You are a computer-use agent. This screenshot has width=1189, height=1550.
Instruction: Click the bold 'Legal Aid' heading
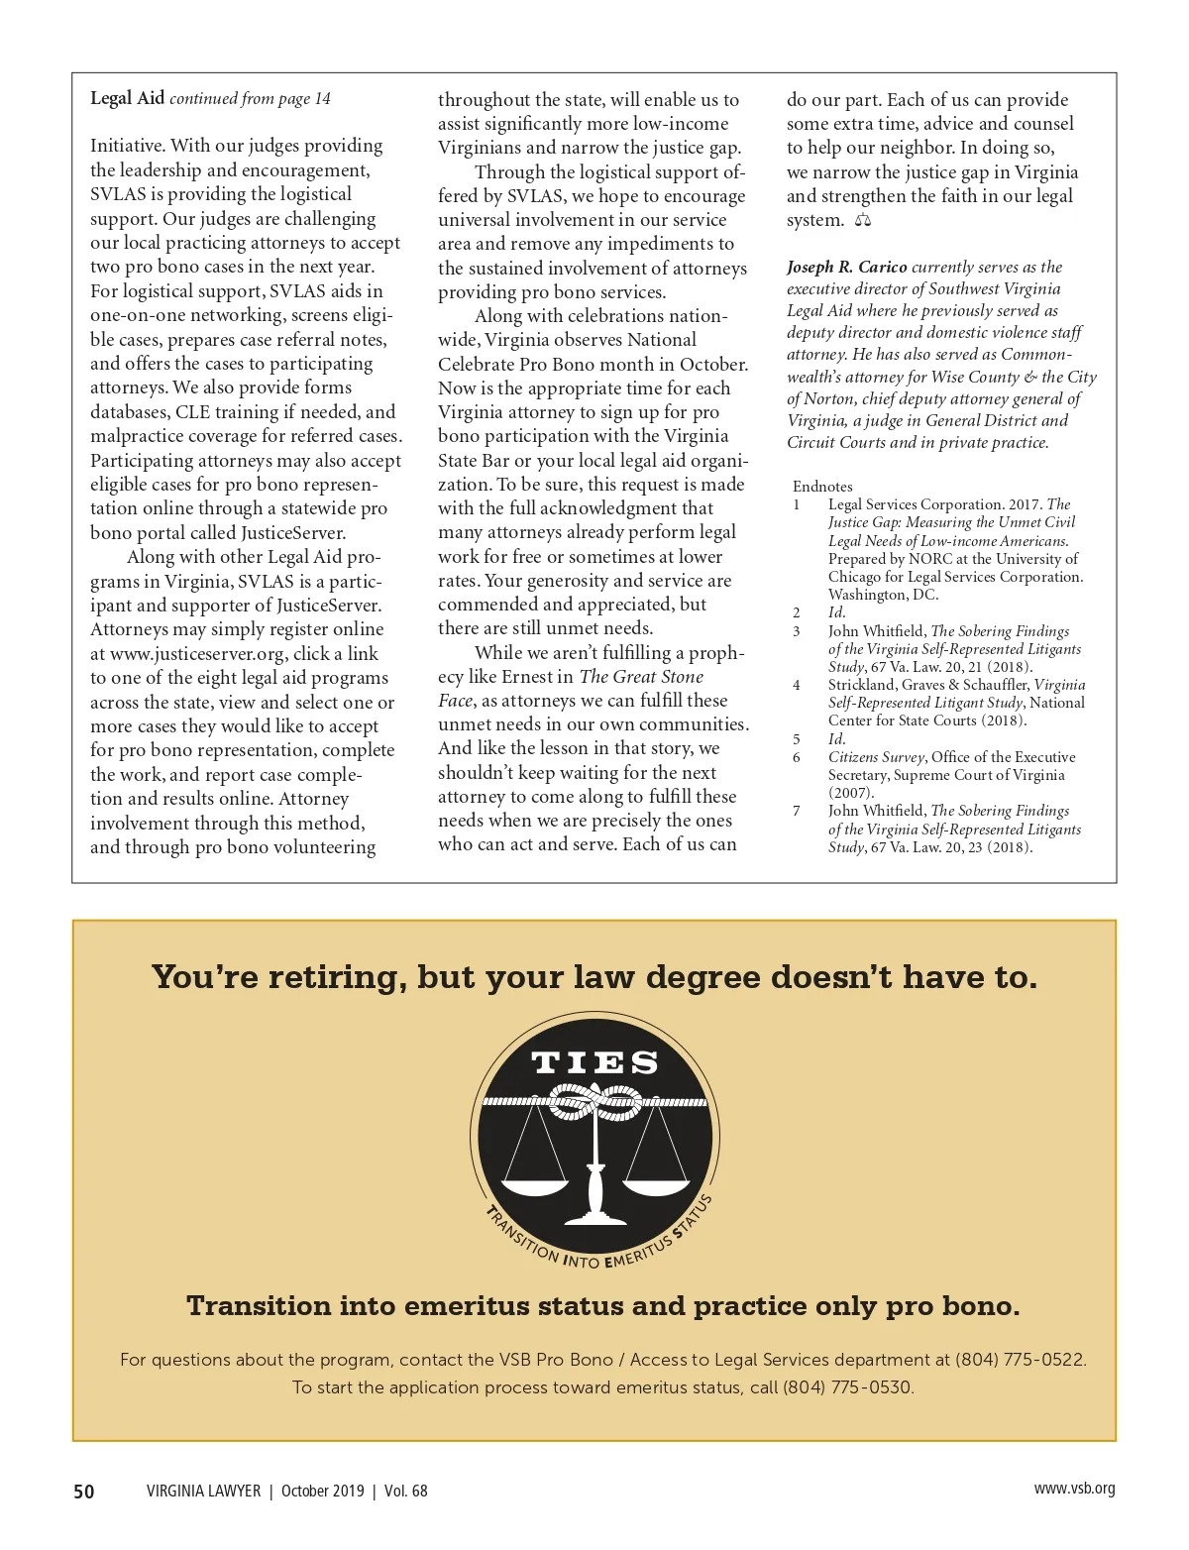[127, 98]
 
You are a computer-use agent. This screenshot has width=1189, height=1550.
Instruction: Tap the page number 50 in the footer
[84, 1492]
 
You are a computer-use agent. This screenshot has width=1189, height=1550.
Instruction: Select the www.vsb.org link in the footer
[1074, 1489]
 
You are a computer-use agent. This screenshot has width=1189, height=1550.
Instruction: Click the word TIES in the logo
[594, 1063]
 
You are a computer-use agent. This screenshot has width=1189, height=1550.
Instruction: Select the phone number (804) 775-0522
[1021, 1360]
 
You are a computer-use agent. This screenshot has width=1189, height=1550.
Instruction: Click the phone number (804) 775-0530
[848, 1387]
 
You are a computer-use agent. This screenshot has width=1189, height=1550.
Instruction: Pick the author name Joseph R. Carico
[847, 267]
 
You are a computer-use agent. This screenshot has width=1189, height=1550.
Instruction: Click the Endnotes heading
[822, 487]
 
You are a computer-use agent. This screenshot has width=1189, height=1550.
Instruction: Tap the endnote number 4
[797, 685]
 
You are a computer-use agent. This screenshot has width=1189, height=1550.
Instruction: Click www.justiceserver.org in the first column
[198, 654]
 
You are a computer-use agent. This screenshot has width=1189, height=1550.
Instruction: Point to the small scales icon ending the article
[862, 220]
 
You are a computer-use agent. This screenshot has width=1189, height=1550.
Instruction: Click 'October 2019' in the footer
[323, 1492]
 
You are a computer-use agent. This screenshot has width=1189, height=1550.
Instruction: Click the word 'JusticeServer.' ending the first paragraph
[293, 533]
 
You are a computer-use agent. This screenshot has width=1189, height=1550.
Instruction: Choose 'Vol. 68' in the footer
[406, 1492]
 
